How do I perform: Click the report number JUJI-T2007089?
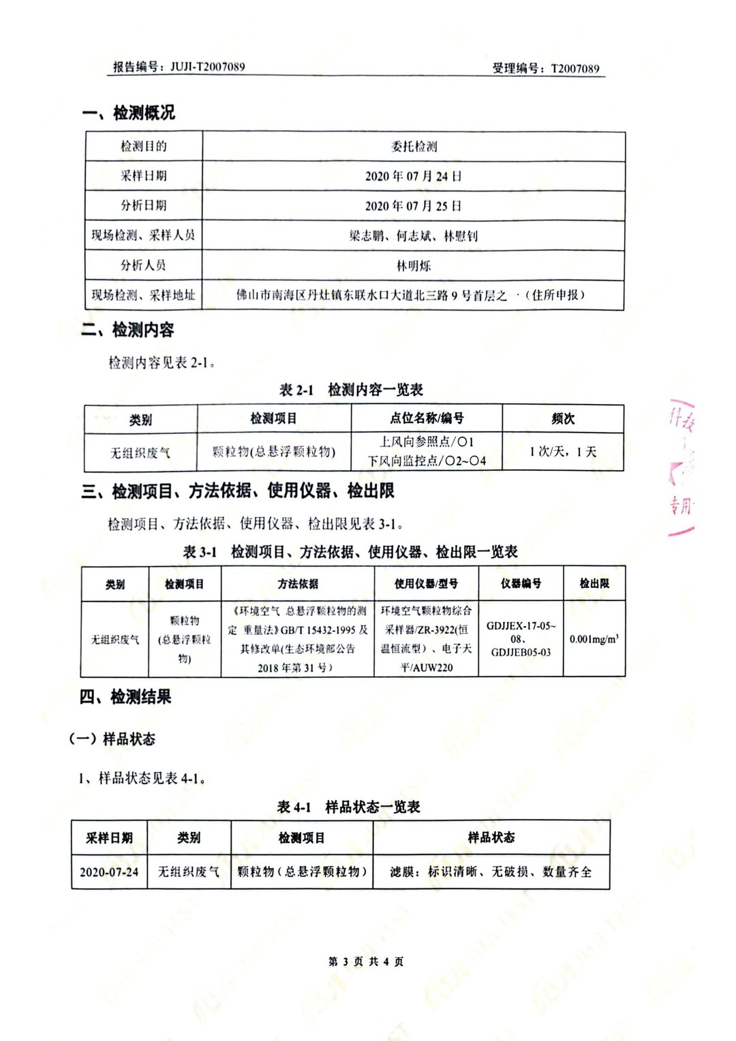207,67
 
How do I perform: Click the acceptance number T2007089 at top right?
575,68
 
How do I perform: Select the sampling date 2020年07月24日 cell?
413,176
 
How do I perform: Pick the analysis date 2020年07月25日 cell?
413,206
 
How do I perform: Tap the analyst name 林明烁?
414,266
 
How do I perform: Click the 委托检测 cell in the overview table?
414,146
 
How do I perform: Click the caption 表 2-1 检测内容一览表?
351,390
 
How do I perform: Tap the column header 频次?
563,419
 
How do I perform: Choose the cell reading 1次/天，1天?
563,452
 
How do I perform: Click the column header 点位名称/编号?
427,418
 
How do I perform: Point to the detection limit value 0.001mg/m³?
594,640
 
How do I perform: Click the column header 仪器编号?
521,584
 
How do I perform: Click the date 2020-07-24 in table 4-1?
109,872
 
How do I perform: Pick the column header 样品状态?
491,837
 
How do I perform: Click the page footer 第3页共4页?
366,962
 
